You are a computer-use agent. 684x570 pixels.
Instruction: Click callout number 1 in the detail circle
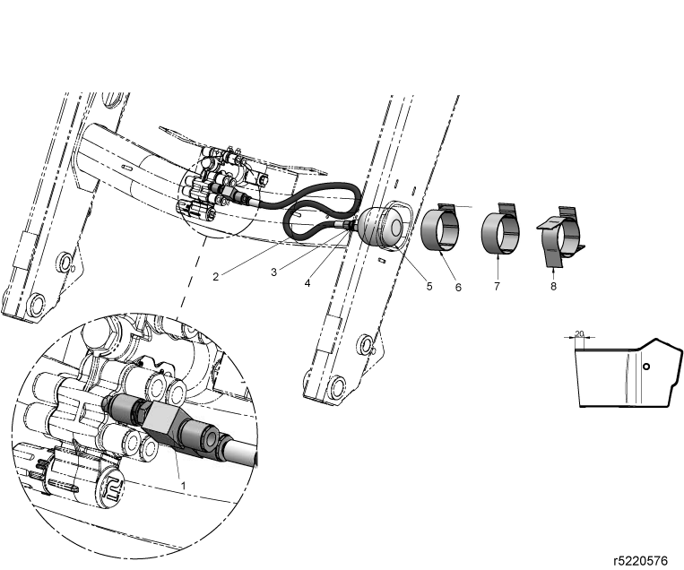183,486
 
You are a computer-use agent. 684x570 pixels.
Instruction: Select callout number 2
215,277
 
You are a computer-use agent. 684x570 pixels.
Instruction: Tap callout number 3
273,272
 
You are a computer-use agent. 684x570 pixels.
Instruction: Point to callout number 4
307,283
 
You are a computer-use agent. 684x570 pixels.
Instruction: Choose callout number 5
429,286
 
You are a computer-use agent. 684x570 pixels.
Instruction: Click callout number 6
458,288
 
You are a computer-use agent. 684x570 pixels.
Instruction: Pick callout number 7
497,286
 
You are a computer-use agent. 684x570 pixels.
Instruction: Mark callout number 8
554,286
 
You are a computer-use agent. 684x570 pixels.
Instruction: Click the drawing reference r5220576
640,560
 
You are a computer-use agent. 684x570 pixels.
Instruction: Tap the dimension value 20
579,333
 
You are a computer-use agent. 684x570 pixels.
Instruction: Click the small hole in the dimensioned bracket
646,367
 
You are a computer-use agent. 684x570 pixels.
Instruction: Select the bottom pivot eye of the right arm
337,384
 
